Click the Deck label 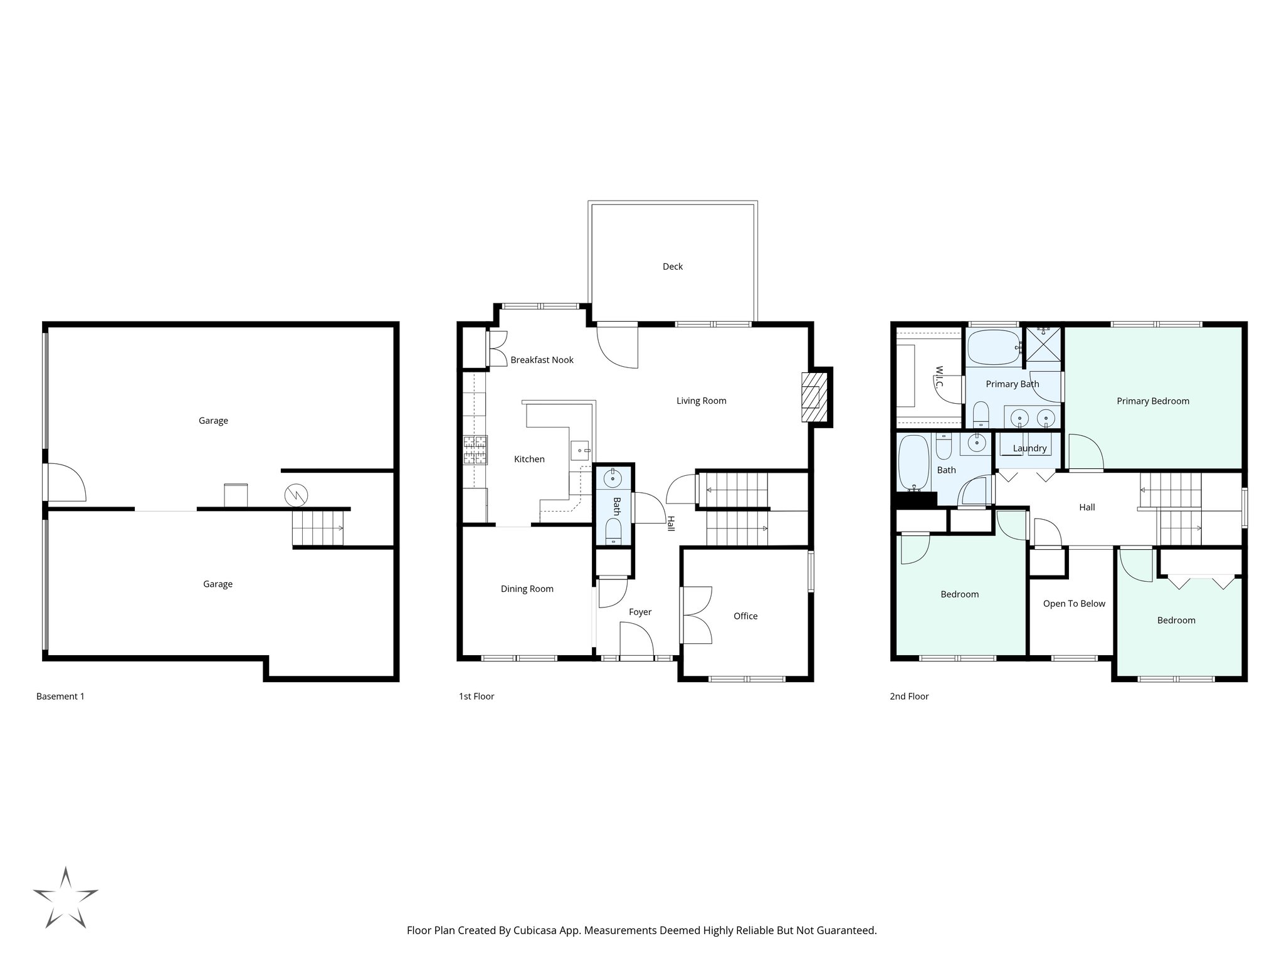pos(672,266)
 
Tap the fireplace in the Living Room pos(813,397)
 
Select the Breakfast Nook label pos(542,360)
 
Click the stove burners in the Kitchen pos(475,450)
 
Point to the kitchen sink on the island pos(579,449)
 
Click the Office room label pos(745,616)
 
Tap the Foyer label pos(640,612)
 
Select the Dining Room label pos(527,589)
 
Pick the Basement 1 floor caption pos(60,696)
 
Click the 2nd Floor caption pos(909,696)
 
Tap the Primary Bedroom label pos(1152,401)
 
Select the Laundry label pos(1029,448)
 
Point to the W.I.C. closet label pos(939,376)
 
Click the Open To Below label pos(1074,604)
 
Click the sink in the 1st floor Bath pos(612,479)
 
